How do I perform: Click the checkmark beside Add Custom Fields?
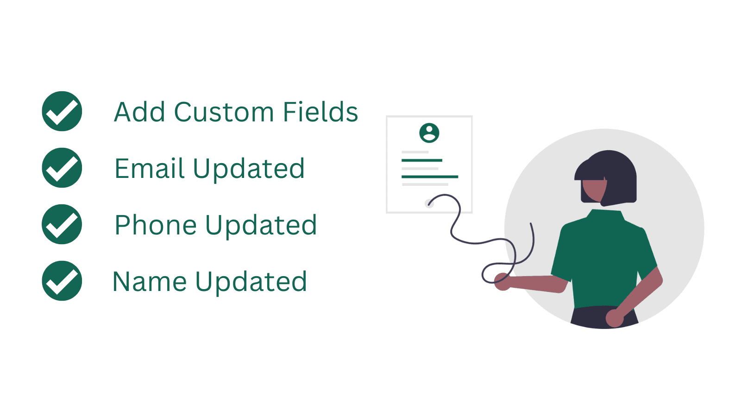coord(62,111)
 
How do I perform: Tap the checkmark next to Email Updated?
coord(62,168)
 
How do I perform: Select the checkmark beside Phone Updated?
coord(62,224)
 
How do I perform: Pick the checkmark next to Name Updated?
coord(62,281)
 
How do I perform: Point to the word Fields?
coord(320,112)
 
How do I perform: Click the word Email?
coord(150,168)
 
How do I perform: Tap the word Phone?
coord(156,226)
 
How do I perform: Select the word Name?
coord(150,282)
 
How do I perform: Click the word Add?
coord(139,112)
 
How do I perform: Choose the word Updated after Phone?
coord(261,226)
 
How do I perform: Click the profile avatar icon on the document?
coord(429,133)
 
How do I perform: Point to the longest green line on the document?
coord(430,177)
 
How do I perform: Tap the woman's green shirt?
coord(602,259)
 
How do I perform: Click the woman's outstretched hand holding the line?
coord(502,281)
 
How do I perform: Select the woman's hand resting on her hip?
coord(615,318)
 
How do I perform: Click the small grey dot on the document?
coord(428,203)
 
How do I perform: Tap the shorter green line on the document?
coord(421,160)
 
